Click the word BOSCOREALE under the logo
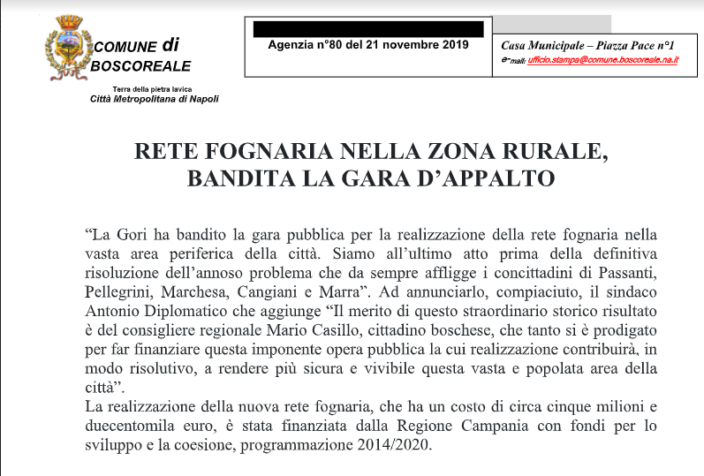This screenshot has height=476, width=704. tap(140, 65)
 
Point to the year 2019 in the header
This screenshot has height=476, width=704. tap(452, 44)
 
